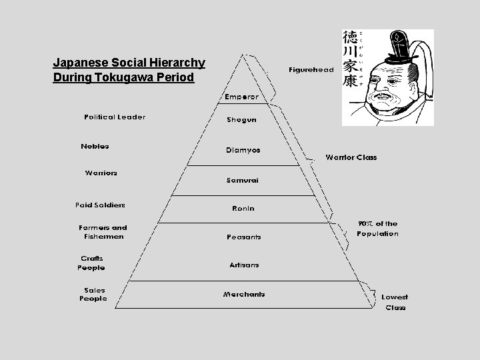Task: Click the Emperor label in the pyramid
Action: coord(241,97)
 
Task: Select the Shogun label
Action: coord(241,120)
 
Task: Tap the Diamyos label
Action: coord(243,150)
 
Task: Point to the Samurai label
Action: coord(242,180)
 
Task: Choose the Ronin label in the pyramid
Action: coord(243,209)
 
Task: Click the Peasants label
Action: coord(243,237)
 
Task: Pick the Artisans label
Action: coord(244,265)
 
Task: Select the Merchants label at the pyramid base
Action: coord(244,294)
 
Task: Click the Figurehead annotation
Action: coord(311,69)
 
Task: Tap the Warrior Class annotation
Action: coord(351,157)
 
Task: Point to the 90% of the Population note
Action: coord(377,229)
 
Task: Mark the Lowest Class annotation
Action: coord(395,302)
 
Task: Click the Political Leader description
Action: coord(115,117)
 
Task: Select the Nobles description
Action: coord(95,146)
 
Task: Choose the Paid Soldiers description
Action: coord(100,205)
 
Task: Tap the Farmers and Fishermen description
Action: coord(103,231)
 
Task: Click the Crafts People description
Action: coord(91,263)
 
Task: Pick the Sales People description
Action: coord(93,294)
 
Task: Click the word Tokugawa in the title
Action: coord(123,77)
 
